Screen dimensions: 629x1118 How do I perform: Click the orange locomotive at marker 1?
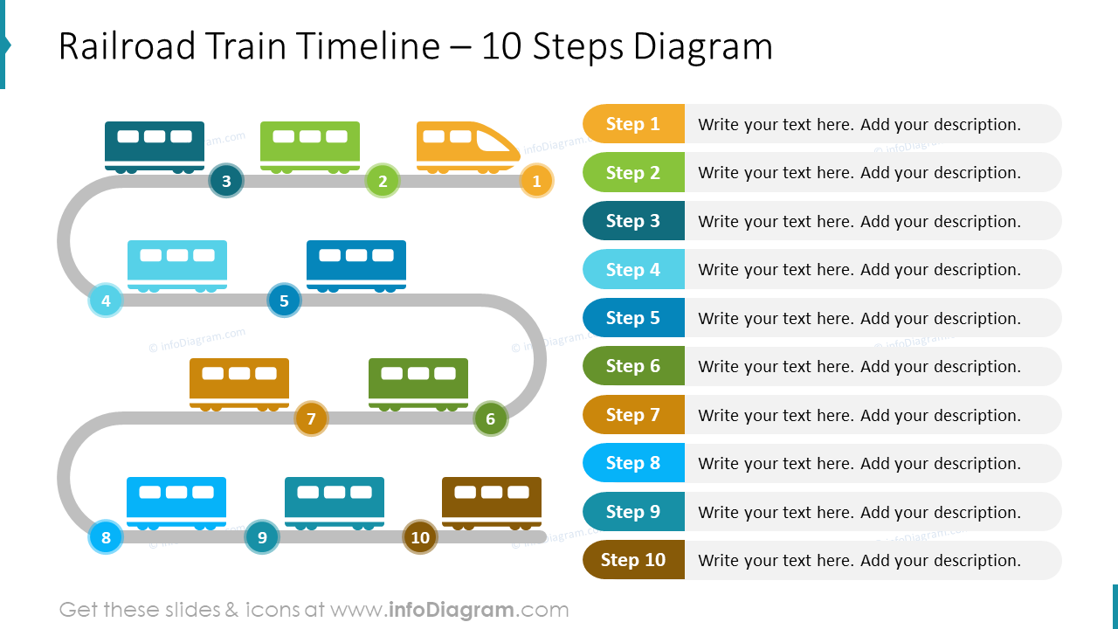tap(467, 146)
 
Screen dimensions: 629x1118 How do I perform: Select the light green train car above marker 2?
tap(310, 145)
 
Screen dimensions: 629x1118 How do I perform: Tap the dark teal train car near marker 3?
tap(155, 145)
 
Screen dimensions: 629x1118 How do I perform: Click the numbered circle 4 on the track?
tap(106, 301)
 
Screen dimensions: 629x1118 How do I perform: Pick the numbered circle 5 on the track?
tap(284, 301)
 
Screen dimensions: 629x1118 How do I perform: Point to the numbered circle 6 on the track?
tap(490, 419)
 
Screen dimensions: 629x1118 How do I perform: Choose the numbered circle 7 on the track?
tap(311, 419)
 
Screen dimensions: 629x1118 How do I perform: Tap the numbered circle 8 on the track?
tap(106, 537)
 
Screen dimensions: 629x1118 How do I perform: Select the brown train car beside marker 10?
tap(492, 501)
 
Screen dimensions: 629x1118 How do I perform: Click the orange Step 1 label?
tap(633, 124)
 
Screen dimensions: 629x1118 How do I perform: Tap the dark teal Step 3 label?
tap(633, 221)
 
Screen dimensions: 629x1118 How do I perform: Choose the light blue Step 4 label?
tap(633, 270)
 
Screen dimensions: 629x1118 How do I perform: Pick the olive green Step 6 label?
tap(633, 366)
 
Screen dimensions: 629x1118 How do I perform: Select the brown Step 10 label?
tap(633, 560)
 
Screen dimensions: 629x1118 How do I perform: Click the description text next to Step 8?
tap(859, 464)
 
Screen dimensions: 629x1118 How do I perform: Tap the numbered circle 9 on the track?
tap(262, 537)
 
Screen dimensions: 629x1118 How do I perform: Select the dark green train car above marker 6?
tap(418, 383)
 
